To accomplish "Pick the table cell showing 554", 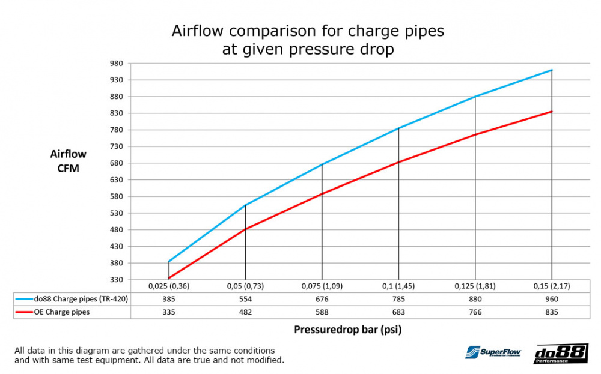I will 245,299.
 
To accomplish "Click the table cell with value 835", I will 552,312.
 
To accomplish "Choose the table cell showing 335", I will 169,312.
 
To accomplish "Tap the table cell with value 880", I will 475,299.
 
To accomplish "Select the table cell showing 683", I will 398,312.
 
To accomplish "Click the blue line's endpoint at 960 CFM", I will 552,70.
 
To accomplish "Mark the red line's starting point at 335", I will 169,278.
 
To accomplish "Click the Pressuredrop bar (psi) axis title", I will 348,330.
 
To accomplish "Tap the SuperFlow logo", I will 492,353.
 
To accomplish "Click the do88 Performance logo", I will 560,354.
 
